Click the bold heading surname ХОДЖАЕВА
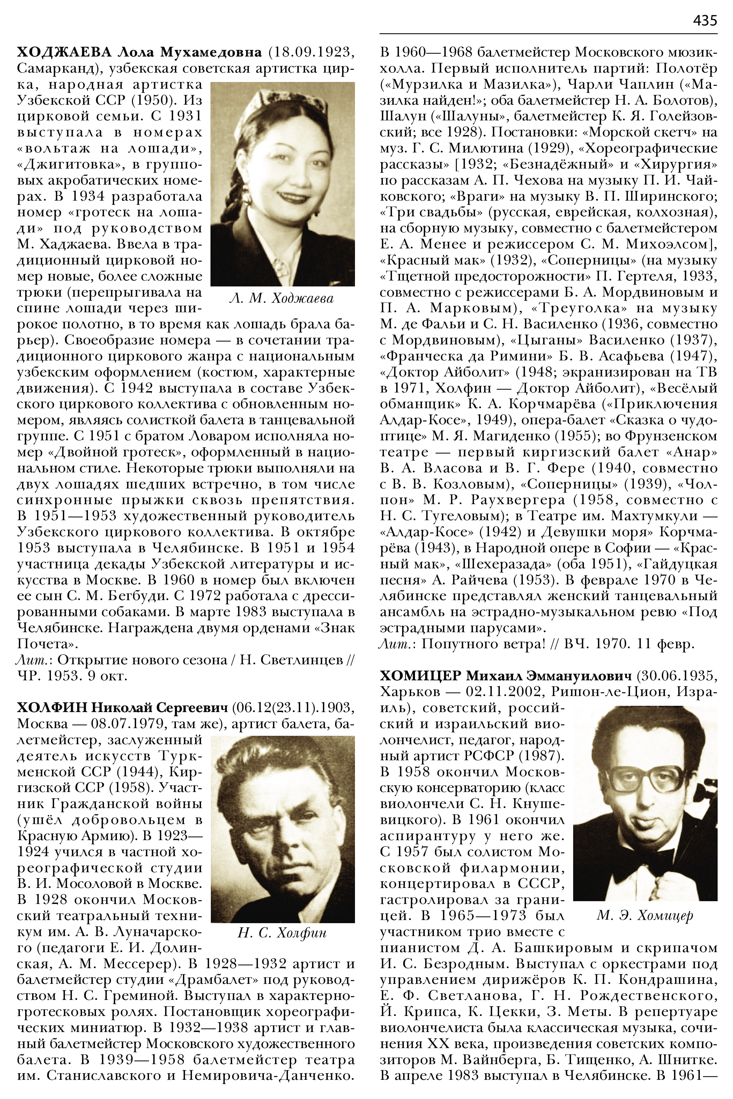click(x=64, y=51)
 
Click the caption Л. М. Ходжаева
click(x=282, y=299)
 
